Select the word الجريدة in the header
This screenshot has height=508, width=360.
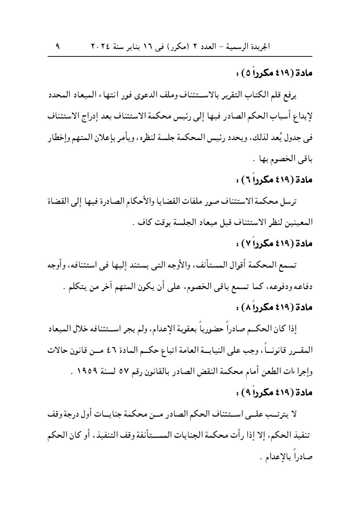click(260, 47)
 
